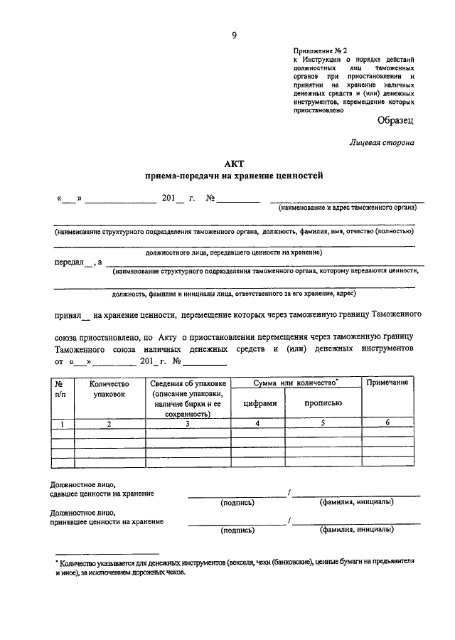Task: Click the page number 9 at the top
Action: (233, 33)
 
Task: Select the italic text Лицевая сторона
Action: (382, 142)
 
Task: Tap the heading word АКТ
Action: (234, 164)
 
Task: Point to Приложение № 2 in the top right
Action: (319, 51)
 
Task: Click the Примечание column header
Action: (387, 383)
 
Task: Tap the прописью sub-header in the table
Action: (323, 402)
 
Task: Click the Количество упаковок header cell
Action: (109, 388)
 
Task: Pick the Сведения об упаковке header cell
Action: (188, 398)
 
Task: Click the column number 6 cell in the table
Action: (387, 424)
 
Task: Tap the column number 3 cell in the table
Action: (188, 424)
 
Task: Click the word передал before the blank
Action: (68, 262)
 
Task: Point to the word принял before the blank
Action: (68, 314)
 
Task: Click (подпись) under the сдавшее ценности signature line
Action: (237, 502)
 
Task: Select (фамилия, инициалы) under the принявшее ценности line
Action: (356, 530)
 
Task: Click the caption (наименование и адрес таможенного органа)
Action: (347, 208)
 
